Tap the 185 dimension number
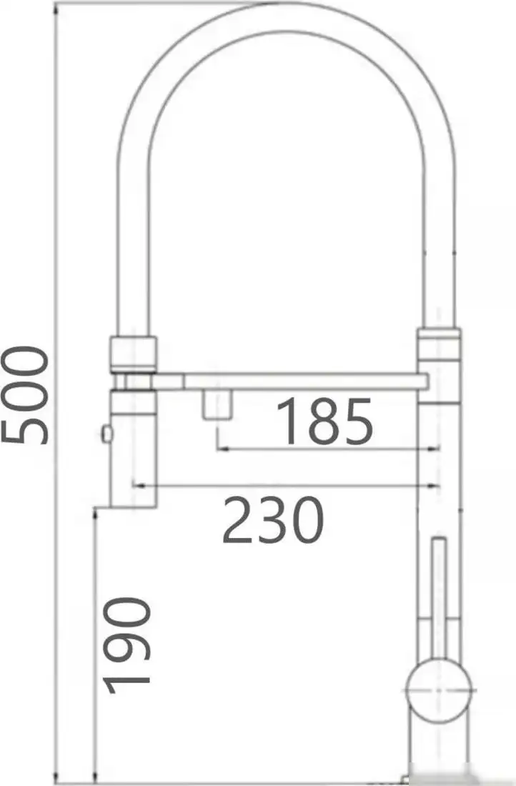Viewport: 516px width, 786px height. click(x=325, y=422)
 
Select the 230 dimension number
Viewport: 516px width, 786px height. click(x=273, y=519)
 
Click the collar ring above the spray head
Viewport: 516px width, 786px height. click(x=132, y=354)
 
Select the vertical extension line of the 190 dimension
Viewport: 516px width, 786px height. click(x=94, y=643)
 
